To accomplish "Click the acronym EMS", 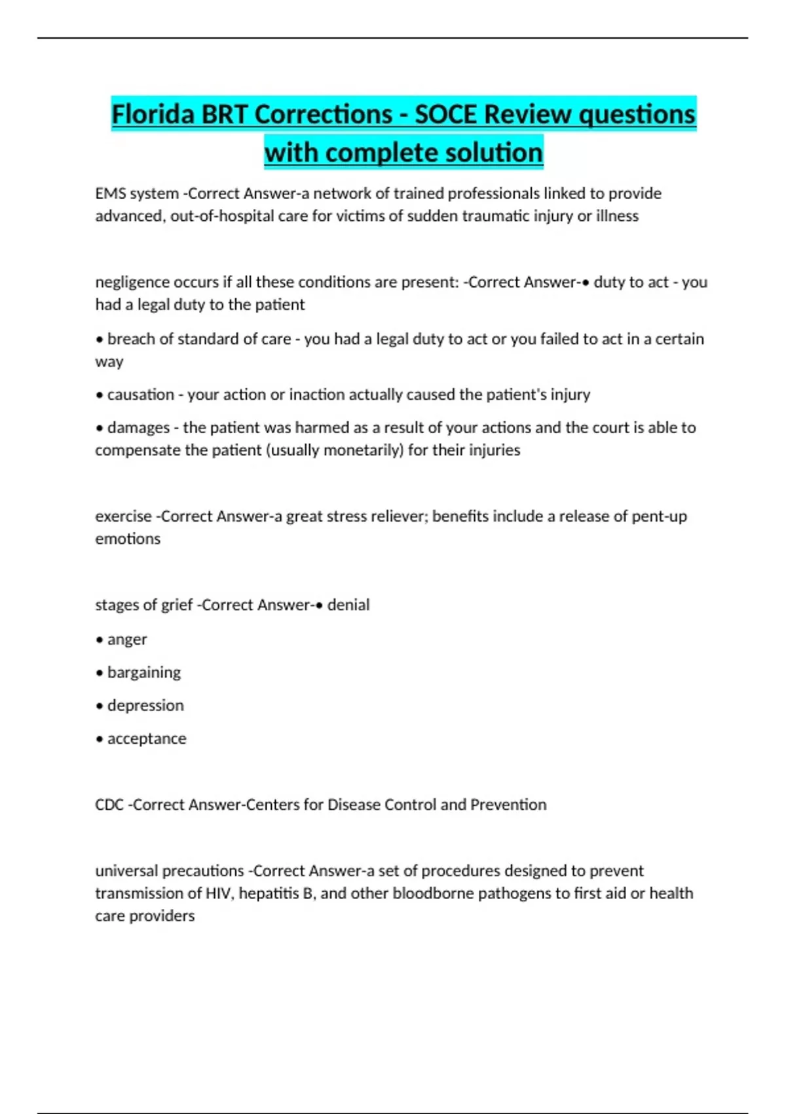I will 110,194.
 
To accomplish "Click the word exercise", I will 123,516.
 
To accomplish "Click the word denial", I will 348,605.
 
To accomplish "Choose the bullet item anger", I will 127,640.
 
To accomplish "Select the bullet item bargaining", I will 143,673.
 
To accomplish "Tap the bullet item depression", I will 145,706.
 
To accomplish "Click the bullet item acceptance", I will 147,739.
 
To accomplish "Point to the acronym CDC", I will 109,805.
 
